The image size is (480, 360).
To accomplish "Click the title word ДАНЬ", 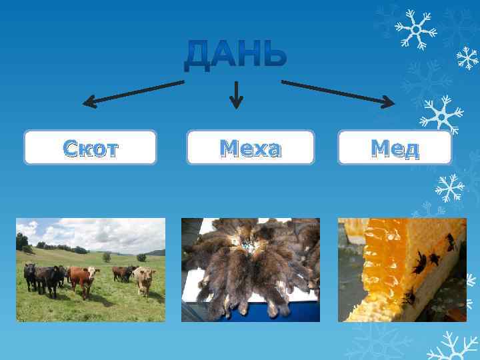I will tap(236, 55).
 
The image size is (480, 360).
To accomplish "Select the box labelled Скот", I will tap(90, 147).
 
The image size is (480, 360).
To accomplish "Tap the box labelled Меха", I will tap(250, 147).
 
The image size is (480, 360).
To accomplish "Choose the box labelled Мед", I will tap(395, 147).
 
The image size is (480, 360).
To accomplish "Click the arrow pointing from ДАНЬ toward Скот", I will tap(133, 92).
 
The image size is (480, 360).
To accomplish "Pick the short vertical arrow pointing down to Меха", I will tap(236, 95).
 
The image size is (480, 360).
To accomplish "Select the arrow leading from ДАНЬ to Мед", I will tap(337, 92).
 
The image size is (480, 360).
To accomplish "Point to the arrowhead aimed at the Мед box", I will tap(389, 102).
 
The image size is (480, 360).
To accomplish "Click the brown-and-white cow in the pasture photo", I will tap(81, 279).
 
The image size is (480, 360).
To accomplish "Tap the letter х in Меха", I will tap(256, 149).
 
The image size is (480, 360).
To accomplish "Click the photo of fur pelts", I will tap(250, 269).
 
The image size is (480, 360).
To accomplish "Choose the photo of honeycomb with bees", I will tap(402, 269).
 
